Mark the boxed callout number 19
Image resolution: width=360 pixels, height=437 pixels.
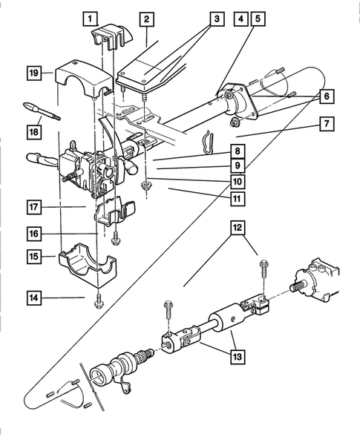tap(34, 73)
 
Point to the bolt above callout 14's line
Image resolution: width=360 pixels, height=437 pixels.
tap(99, 300)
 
